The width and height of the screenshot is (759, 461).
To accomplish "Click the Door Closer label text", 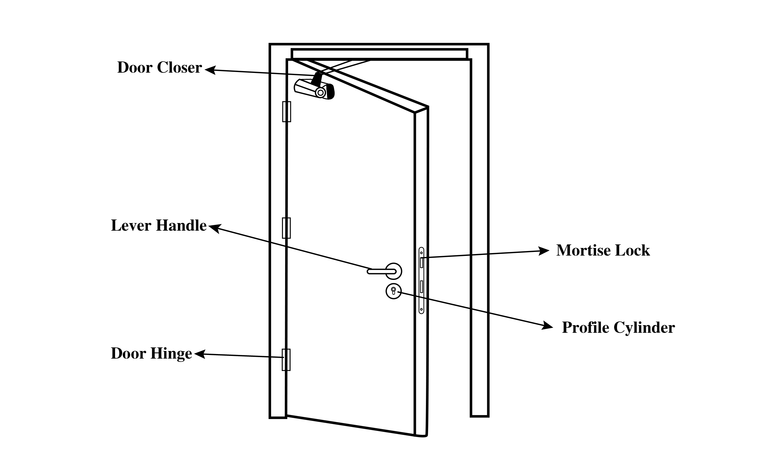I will click(159, 67).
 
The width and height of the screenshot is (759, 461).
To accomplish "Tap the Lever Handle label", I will click(158, 225).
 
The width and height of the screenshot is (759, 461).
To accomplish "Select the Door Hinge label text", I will click(151, 353).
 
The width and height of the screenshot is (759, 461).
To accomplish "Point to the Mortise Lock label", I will click(603, 250).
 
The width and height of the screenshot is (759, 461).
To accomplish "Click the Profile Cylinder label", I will click(618, 328).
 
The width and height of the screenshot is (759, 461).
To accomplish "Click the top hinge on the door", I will click(287, 112).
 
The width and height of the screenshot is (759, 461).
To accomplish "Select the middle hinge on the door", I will click(286, 228).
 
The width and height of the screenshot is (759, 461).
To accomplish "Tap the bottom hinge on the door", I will click(286, 360).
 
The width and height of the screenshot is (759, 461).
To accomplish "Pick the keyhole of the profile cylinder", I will click(393, 291).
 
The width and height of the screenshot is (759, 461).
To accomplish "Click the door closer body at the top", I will click(314, 89).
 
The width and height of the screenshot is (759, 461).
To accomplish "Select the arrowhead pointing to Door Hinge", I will click(199, 354).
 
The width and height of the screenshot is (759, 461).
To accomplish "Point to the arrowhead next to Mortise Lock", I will click(544, 251).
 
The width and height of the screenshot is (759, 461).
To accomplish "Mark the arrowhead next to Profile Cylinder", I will click(547, 326).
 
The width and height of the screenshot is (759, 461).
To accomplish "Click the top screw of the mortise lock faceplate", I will click(421, 253).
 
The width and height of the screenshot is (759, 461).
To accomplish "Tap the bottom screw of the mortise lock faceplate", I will click(421, 309).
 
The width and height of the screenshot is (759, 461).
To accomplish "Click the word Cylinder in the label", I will click(644, 328).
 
